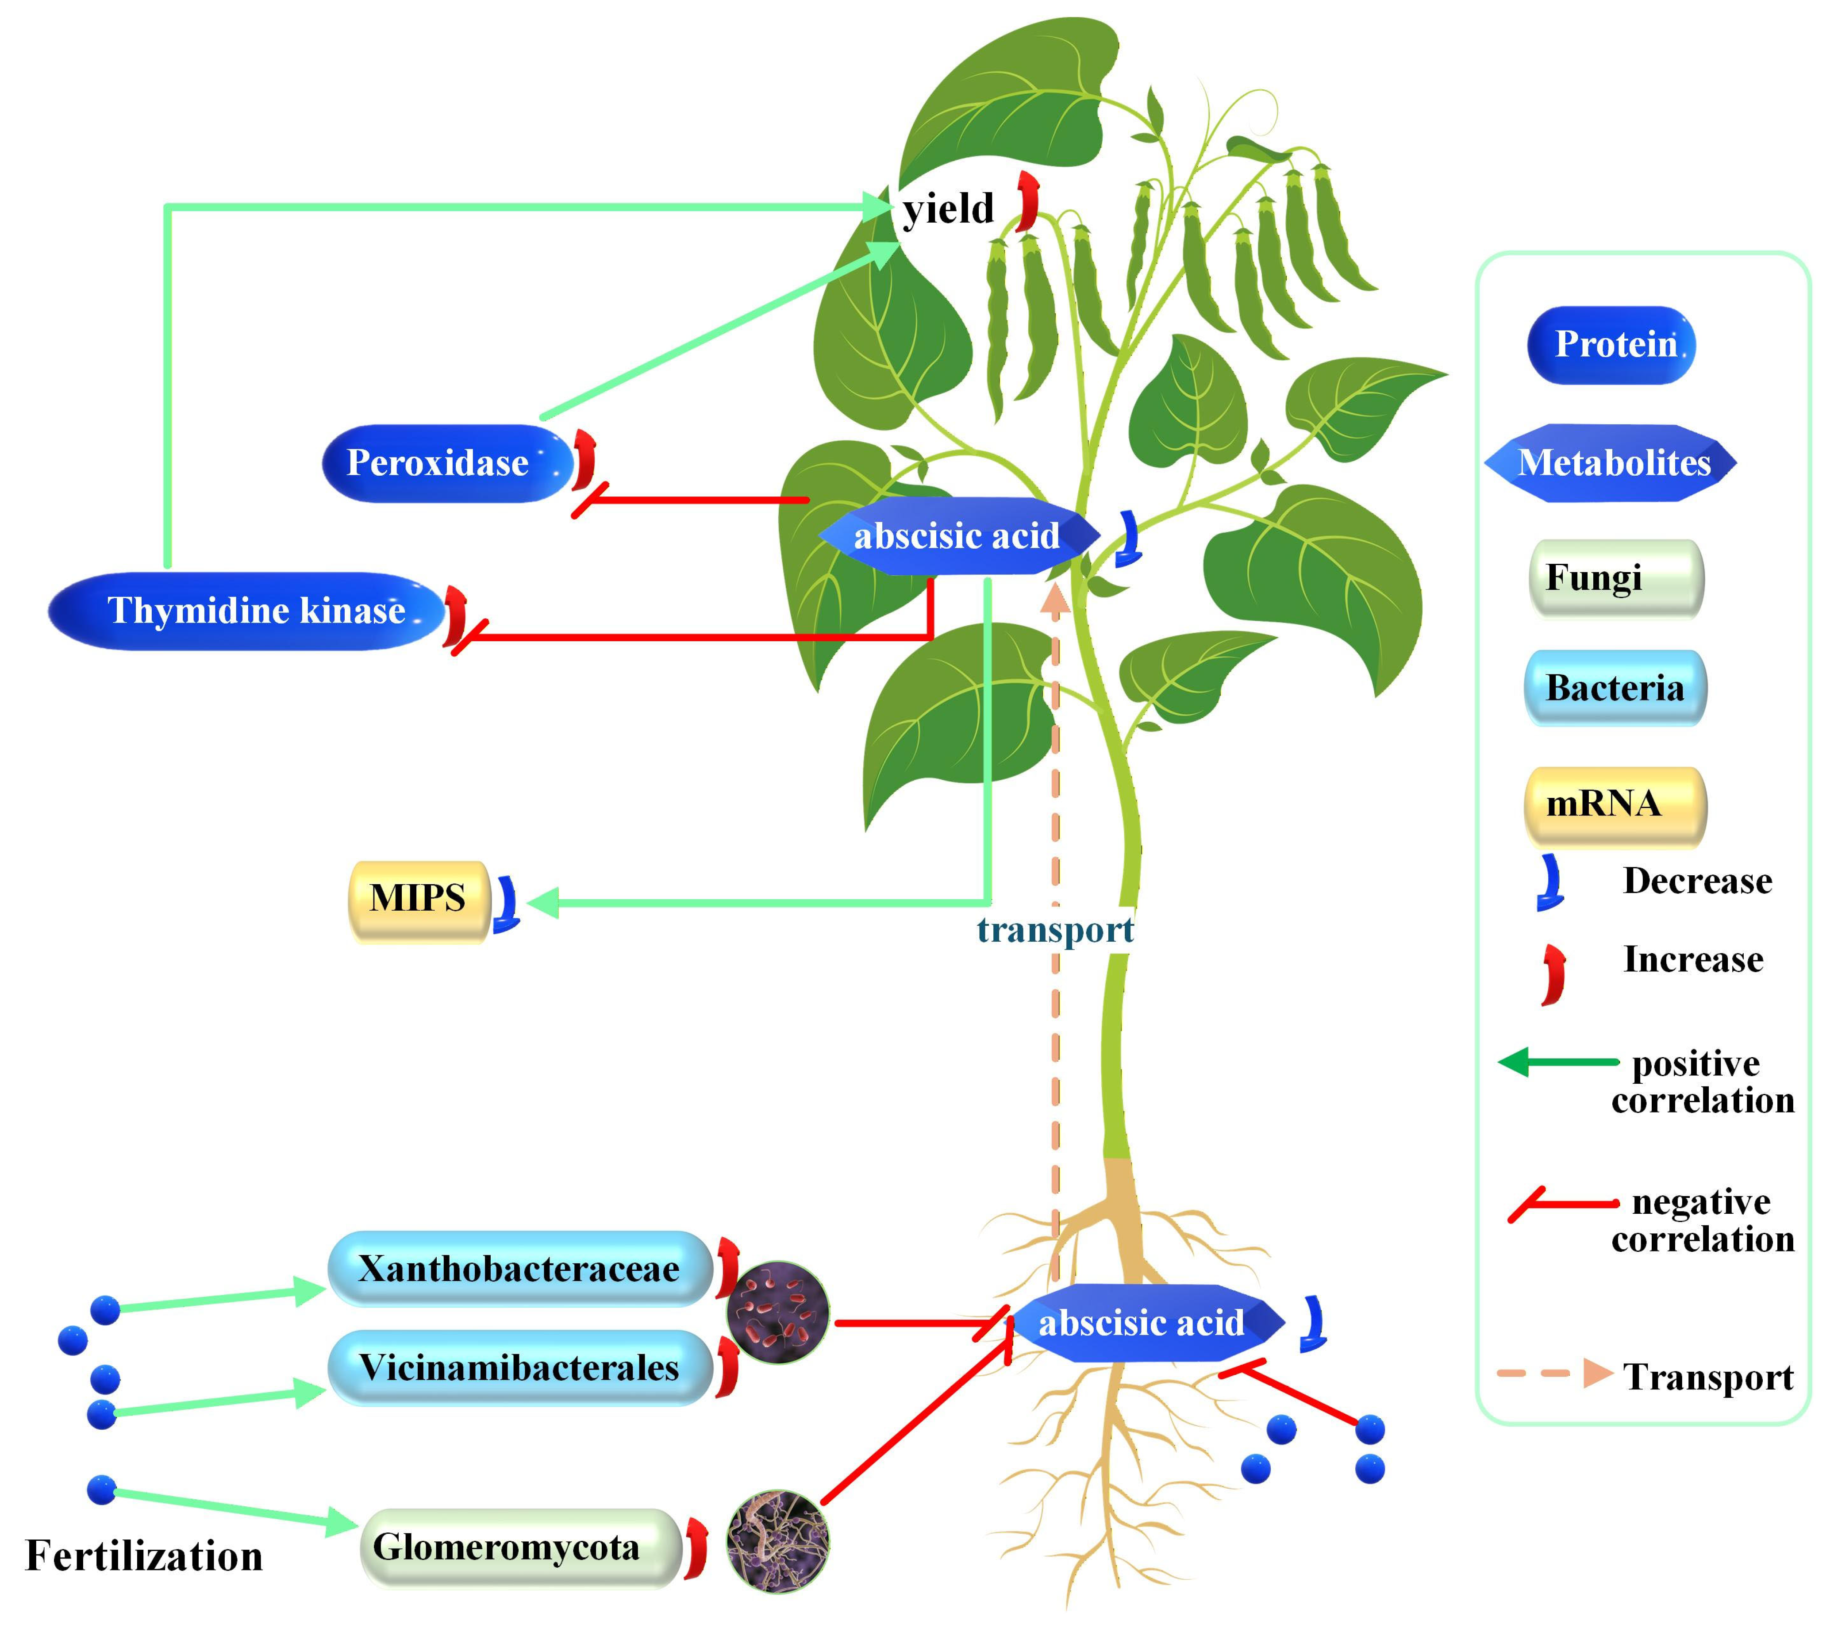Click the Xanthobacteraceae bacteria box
pyautogui.click(x=519, y=1268)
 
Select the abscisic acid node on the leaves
pyautogui.click(x=957, y=536)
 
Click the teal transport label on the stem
pyautogui.click(x=1055, y=930)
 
